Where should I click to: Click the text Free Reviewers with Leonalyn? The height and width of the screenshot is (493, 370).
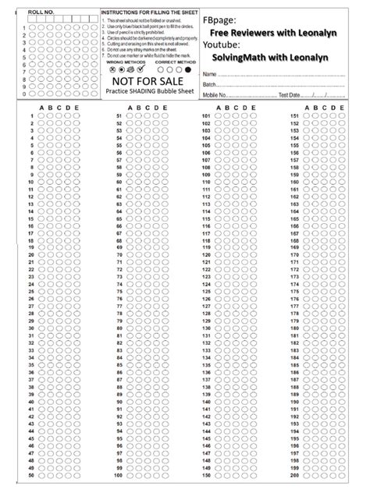tap(278, 32)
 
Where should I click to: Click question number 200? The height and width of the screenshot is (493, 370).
tap(294, 475)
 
